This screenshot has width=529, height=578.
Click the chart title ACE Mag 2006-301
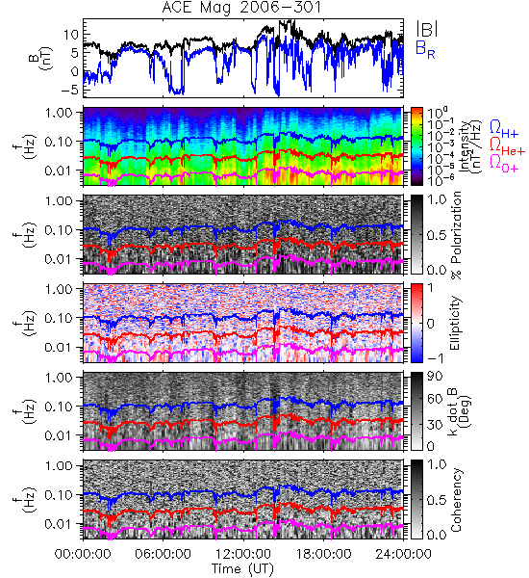(241, 8)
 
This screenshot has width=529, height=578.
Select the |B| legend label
(427, 29)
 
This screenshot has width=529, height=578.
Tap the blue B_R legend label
(425, 50)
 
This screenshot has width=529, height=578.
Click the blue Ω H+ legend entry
(504, 129)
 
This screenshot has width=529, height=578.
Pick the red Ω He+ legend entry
(507, 145)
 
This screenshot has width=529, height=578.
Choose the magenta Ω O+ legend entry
(504, 164)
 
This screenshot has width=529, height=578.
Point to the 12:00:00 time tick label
(243, 554)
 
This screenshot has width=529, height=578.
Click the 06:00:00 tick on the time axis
(163, 554)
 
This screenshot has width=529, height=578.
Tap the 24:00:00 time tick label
(403, 554)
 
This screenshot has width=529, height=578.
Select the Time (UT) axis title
(242, 568)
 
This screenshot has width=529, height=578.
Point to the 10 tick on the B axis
(71, 35)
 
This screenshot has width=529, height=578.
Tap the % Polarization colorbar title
(456, 235)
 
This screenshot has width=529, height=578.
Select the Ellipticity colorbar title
(456, 324)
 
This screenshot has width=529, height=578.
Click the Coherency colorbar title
(456, 500)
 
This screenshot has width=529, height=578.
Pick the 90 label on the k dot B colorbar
(435, 377)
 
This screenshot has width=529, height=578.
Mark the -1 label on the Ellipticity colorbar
(436, 358)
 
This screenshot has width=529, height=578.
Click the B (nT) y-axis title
(41, 58)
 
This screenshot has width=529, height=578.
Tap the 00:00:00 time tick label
(83, 554)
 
